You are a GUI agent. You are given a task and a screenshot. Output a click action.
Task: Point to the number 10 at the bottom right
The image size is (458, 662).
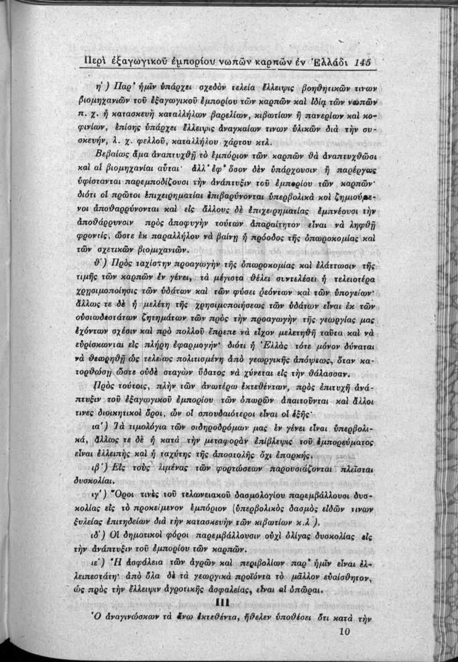(346, 632)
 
